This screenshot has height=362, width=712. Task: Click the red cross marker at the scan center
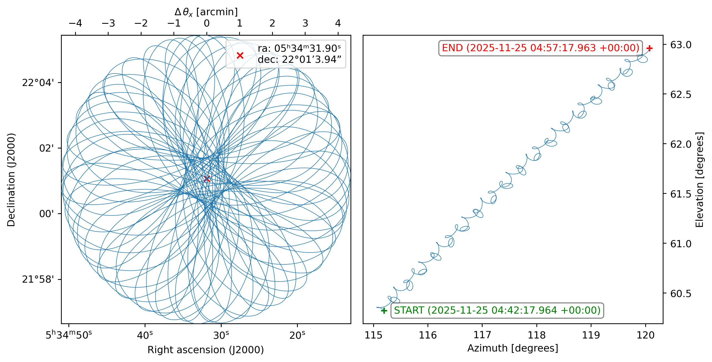pos(207,179)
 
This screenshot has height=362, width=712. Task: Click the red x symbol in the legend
pos(240,56)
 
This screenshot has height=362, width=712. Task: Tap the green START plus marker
pos(384,311)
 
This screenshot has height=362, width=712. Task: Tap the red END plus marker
pos(649,48)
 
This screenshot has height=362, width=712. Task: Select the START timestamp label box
pos(497,310)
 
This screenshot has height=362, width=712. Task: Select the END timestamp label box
pos(540,48)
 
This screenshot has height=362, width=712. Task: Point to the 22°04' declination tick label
pos(38,83)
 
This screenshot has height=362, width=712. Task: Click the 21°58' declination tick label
pos(38,279)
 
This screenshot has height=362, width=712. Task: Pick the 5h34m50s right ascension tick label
pos(68,335)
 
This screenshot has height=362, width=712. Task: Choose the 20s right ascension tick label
pos(297,335)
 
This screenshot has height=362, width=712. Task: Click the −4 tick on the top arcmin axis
pos(75,23)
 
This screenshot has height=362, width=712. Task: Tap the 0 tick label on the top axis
pos(207,23)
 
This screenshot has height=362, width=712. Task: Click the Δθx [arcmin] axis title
pos(206,12)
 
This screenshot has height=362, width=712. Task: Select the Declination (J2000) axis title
pos(11,180)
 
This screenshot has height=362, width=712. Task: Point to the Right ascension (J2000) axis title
pos(206,350)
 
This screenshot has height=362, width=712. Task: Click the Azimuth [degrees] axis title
pos(513,348)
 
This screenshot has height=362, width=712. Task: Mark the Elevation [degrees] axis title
pos(699,180)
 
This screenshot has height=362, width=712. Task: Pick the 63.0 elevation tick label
pos(681,45)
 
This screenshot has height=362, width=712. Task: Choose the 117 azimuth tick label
pos(482,335)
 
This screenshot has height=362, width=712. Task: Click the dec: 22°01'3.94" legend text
pos(299,59)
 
